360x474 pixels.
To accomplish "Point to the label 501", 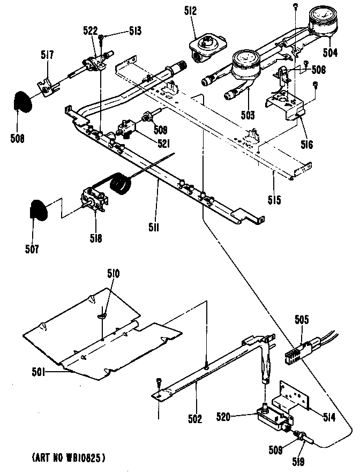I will [x=35, y=371].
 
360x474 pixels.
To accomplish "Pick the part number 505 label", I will [x=302, y=321].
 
